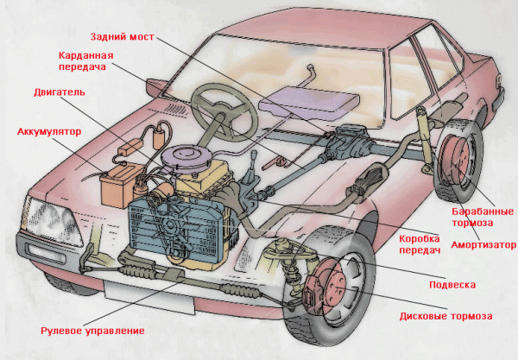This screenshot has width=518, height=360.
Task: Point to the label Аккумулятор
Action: pyautogui.click(x=48, y=132)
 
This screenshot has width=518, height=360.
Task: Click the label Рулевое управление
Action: pyautogui.click(x=92, y=330)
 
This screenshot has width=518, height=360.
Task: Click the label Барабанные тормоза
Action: pyautogui.click(x=483, y=216)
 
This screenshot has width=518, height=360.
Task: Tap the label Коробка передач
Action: pyautogui.click(x=420, y=243)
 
